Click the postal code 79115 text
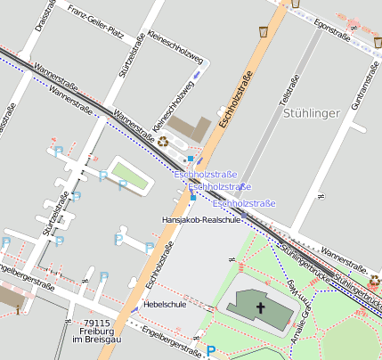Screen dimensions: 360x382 click(93, 323)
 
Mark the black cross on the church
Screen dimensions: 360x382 click(261, 307)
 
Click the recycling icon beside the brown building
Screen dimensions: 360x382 click(163, 141)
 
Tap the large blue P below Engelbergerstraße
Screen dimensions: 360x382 click(210, 351)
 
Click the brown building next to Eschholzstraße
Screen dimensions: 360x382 click(190, 129)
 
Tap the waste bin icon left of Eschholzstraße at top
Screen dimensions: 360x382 click(264, 31)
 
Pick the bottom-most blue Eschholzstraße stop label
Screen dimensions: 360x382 click(244, 204)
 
